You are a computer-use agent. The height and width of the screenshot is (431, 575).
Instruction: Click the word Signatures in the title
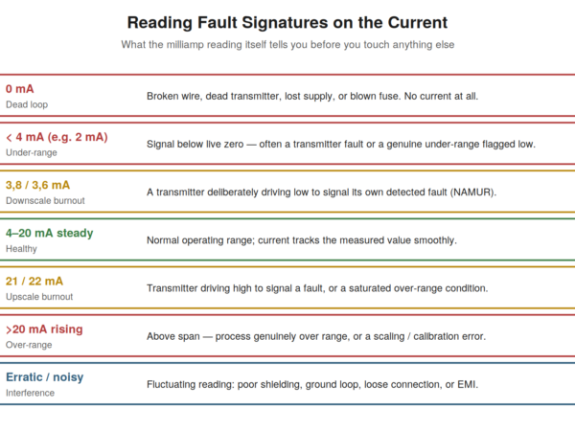point(285,23)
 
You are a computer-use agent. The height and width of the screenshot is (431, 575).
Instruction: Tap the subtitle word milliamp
point(185,45)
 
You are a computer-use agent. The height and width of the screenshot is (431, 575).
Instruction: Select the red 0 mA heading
point(20,89)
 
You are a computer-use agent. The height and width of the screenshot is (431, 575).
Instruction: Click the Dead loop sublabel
point(27,104)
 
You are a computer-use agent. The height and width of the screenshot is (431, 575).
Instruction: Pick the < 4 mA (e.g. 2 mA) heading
point(57,137)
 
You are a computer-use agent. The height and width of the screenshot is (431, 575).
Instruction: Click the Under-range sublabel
point(32,153)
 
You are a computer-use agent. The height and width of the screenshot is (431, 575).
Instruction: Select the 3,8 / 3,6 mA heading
point(37,185)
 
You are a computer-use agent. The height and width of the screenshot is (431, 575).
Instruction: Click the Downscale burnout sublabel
point(45,201)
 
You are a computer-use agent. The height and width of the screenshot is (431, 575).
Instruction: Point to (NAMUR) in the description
point(473,193)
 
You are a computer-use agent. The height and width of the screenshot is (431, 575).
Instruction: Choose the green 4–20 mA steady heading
point(50,233)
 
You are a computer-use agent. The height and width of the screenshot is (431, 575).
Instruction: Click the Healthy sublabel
point(21,249)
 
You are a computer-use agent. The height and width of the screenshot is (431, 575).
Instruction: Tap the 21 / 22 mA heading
point(34,281)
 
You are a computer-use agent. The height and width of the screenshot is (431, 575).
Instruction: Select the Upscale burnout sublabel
point(39,297)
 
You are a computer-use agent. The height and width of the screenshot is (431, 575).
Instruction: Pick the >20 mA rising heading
point(44,329)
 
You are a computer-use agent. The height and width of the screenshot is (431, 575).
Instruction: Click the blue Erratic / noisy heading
point(45,377)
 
